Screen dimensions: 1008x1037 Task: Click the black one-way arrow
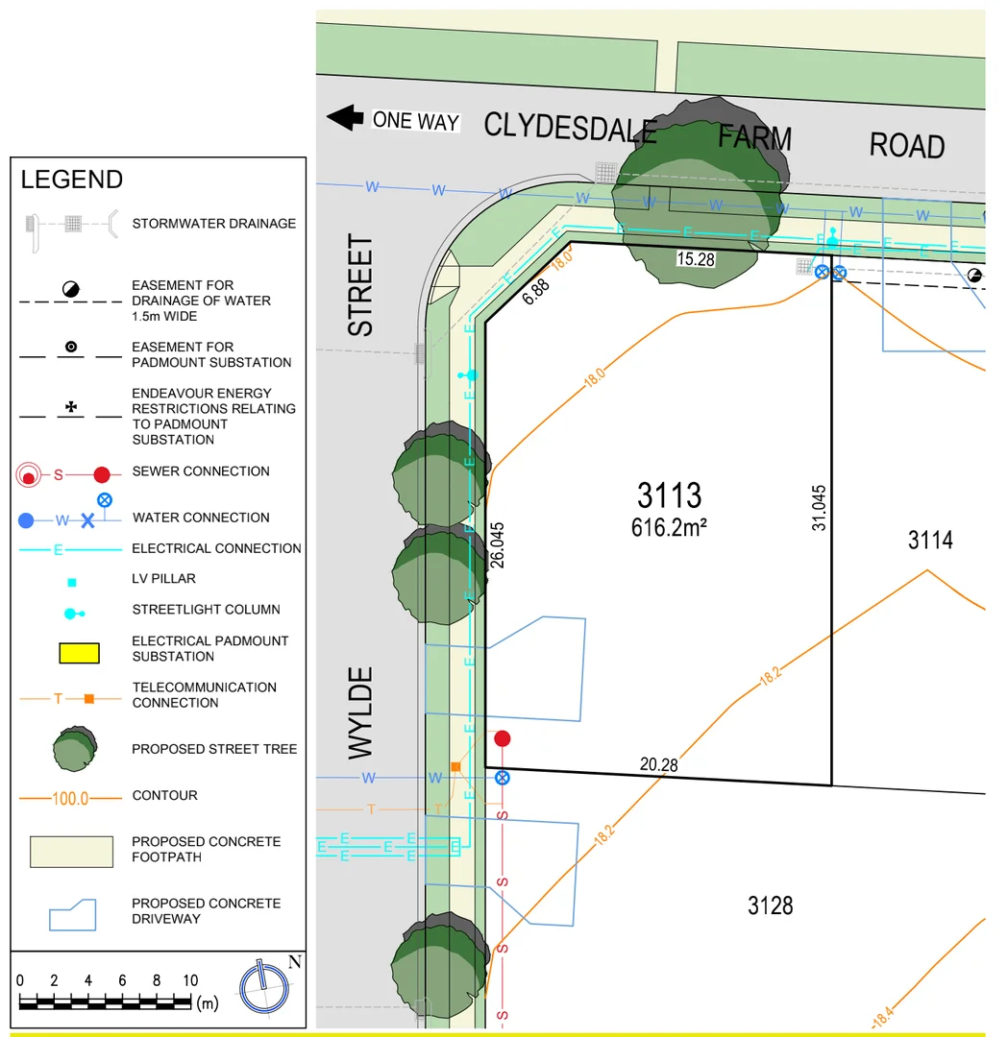(x=345, y=118)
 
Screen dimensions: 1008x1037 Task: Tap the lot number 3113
(x=669, y=495)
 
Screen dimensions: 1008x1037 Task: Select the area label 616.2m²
(x=669, y=528)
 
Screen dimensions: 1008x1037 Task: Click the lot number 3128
(x=771, y=905)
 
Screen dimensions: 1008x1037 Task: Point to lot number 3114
(x=930, y=541)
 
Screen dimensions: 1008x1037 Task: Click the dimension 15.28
(x=696, y=259)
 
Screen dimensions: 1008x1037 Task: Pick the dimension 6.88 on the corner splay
(x=535, y=292)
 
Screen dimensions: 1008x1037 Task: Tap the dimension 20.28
(x=658, y=764)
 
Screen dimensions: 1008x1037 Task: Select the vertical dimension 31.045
(x=820, y=508)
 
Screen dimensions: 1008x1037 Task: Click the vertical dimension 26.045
(x=497, y=545)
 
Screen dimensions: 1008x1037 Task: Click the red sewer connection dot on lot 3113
(x=503, y=738)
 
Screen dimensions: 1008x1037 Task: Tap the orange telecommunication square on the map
(x=455, y=767)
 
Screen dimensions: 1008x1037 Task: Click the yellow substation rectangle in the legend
(x=80, y=653)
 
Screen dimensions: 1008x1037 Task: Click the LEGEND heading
(x=72, y=180)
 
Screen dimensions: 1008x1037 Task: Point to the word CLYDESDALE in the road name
(x=571, y=127)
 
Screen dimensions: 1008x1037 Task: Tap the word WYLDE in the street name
(x=360, y=712)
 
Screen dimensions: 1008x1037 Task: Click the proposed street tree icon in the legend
(x=75, y=749)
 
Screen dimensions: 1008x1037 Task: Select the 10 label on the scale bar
(x=190, y=980)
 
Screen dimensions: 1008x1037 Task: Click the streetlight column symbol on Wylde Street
(x=469, y=375)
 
